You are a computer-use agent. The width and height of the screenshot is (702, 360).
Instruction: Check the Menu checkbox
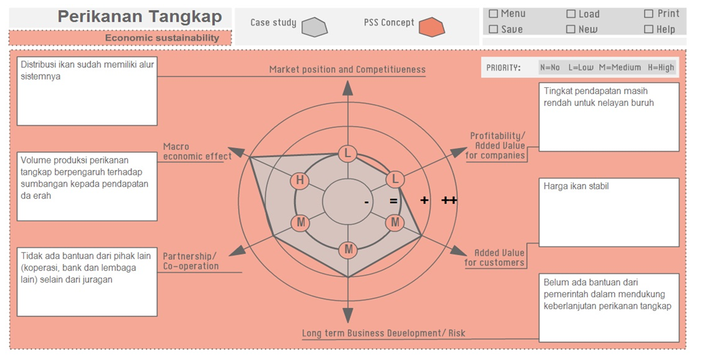click(493, 13)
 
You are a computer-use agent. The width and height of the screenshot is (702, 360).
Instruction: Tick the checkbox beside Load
click(571, 14)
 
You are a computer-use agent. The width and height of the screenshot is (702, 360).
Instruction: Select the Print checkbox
click(649, 13)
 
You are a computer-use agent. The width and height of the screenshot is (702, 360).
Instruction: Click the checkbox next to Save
click(493, 29)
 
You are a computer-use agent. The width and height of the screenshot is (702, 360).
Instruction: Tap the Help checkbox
click(649, 29)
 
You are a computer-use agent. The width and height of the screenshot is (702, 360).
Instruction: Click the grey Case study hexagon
click(314, 27)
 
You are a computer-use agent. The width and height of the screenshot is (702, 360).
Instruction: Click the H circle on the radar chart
click(300, 180)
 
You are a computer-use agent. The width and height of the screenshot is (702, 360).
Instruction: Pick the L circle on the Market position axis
click(347, 153)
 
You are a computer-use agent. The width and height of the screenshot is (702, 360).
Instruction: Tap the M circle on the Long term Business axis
click(348, 250)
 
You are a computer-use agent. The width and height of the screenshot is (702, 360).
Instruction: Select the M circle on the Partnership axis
click(301, 222)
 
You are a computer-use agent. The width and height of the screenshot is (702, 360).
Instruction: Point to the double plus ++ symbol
click(449, 200)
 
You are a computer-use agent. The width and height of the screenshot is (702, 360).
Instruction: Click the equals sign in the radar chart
click(393, 201)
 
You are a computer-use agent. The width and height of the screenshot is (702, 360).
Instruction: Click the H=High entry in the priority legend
click(661, 67)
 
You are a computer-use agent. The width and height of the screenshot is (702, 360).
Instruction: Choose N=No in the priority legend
click(550, 67)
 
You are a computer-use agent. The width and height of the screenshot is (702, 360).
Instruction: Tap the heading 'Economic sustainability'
click(162, 38)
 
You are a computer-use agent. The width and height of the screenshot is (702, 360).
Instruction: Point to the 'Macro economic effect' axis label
click(197, 151)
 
